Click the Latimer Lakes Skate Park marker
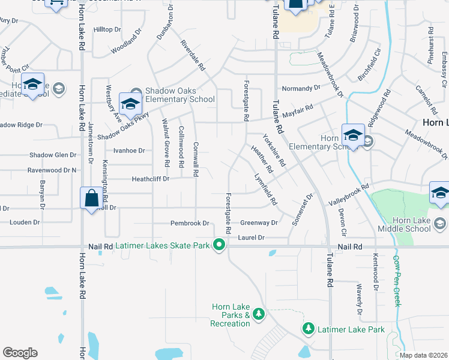coord(220,244)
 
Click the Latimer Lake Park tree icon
coord(308,329)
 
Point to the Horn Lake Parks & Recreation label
coord(230,316)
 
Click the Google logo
coord(20,352)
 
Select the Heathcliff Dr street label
coord(151,179)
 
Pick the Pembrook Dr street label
coord(189,223)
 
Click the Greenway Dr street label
coord(259,223)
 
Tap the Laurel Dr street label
coord(251,238)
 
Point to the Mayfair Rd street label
coord(298,111)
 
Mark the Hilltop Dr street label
coord(107,29)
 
